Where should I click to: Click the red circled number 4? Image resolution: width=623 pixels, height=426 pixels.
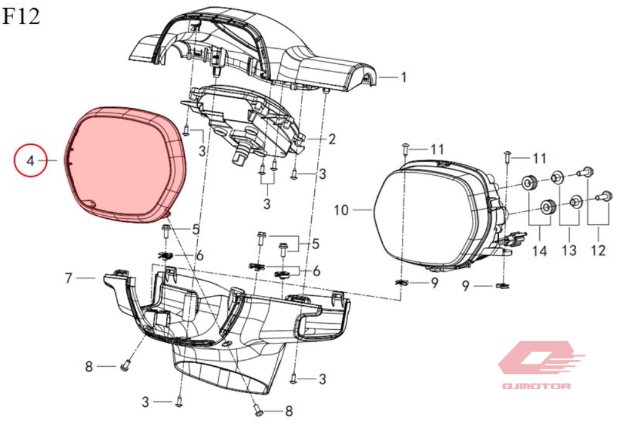[31, 160]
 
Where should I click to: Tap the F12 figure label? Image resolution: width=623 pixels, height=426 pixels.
[21, 16]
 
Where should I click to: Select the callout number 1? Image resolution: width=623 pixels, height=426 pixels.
[404, 76]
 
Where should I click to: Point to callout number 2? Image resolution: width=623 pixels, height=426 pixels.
[332, 139]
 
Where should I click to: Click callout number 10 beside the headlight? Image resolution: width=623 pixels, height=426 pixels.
[341, 210]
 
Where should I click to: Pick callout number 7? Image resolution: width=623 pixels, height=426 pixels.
[69, 278]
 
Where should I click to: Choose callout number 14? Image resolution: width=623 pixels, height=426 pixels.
[540, 251]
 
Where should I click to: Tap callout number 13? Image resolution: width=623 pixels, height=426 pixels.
[569, 250]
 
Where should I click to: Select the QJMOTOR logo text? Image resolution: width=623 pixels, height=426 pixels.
[536, 385]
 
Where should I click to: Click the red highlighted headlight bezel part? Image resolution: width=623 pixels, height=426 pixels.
[124, 165]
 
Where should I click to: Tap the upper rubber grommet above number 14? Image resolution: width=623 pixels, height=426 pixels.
[530, 183]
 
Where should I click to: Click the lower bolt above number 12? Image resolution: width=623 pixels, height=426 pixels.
[603, 196]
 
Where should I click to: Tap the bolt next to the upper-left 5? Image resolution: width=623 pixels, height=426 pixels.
[166, 231]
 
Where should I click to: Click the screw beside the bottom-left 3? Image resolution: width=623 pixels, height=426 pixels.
[179, 402]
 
